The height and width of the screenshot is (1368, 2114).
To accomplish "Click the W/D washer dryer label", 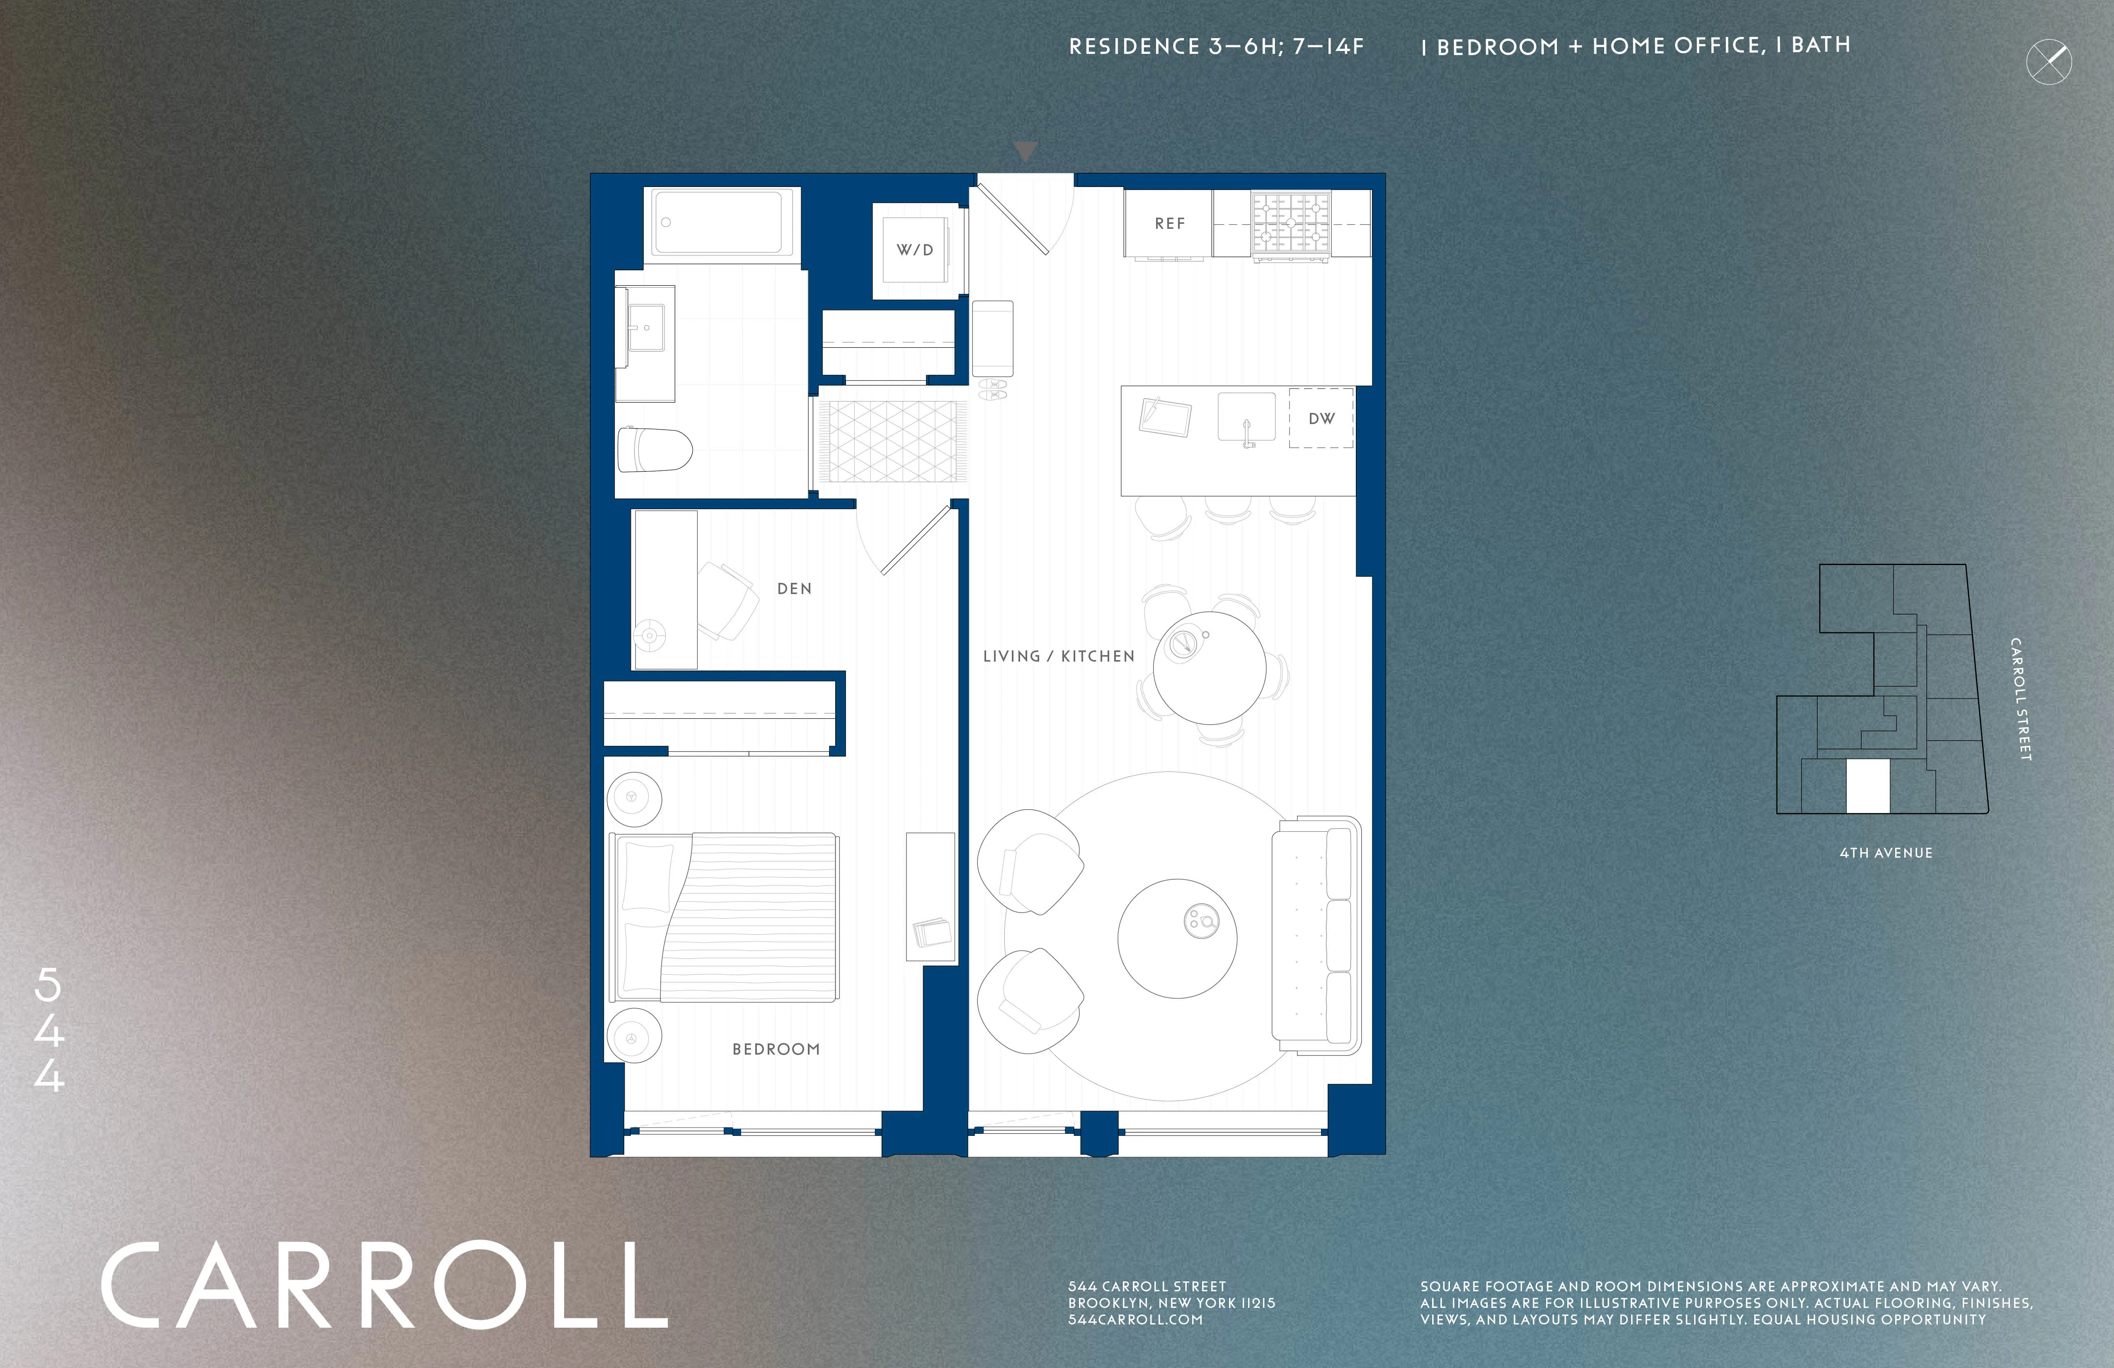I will tap(915, 250).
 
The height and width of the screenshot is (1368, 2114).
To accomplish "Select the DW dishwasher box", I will tap(1321, 417).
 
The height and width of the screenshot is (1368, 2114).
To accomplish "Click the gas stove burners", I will tap(1291, 222).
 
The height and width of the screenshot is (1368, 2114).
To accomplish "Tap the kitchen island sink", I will tap(1245, 417).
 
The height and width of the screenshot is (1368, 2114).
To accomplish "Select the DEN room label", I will tap(794, 588).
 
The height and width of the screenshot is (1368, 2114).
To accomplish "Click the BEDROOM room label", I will tap(776, 1049).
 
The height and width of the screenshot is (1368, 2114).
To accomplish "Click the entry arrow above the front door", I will tap(1025, 151).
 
